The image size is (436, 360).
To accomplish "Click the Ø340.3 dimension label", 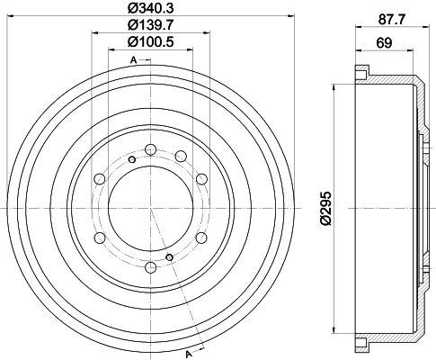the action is click(x=150, y=8).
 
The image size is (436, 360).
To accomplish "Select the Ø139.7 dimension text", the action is click(x=150, y=25).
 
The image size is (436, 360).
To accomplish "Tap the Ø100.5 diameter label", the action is click(x=150, y=41).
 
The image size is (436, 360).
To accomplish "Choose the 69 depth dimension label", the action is click(x=384, y=43).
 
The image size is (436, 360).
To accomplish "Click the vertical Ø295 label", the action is click(x=326, y=208).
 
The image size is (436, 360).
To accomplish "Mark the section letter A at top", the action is click(x=134, y=60).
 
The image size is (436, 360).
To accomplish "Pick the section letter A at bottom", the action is click(x=189, y=355).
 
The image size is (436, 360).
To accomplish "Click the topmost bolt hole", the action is click(x=150, y=149).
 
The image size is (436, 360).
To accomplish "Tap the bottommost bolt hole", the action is click(x=150, y=266).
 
